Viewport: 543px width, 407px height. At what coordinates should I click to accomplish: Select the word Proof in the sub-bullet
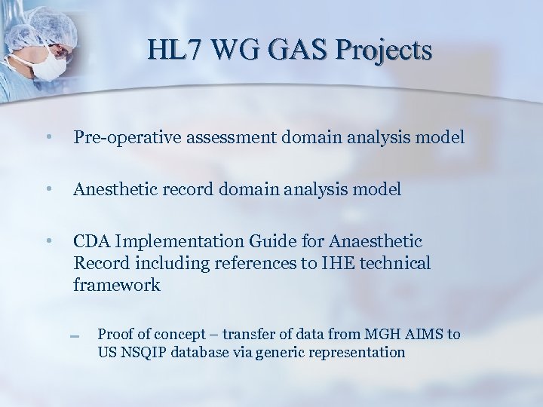tap(115, 334)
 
